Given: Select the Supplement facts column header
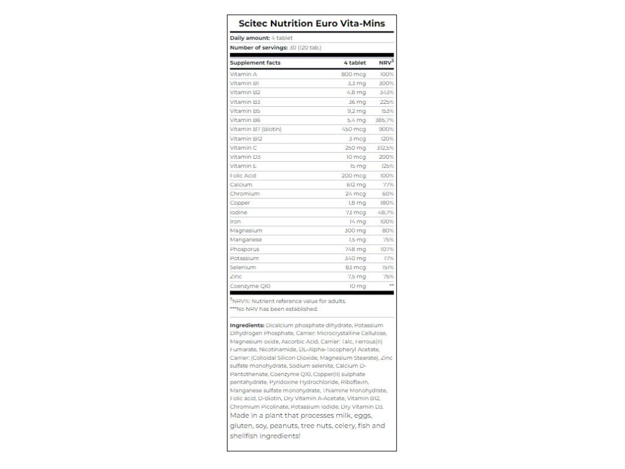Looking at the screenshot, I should (x=255, y=63).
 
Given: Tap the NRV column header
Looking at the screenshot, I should (x=386, y=63).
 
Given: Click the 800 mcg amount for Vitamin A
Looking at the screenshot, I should (x=353, y=74).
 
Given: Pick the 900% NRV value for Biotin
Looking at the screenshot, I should (x=386, y=129).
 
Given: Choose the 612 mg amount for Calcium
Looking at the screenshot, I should (x=355, y=184).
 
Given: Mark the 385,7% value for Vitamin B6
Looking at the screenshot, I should (x=384, y=120).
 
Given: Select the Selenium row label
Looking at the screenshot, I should (x=243, y=267).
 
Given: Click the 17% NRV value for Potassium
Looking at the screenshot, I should (x=388, y=258).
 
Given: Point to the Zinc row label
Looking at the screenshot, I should (x=236, y=277).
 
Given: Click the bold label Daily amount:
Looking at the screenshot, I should (x=250, y=38).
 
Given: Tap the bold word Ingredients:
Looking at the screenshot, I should (x=247, y=325).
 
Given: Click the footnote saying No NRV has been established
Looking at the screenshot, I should (x=274, y=309).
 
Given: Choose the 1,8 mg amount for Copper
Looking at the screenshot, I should (x=356, y=203).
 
